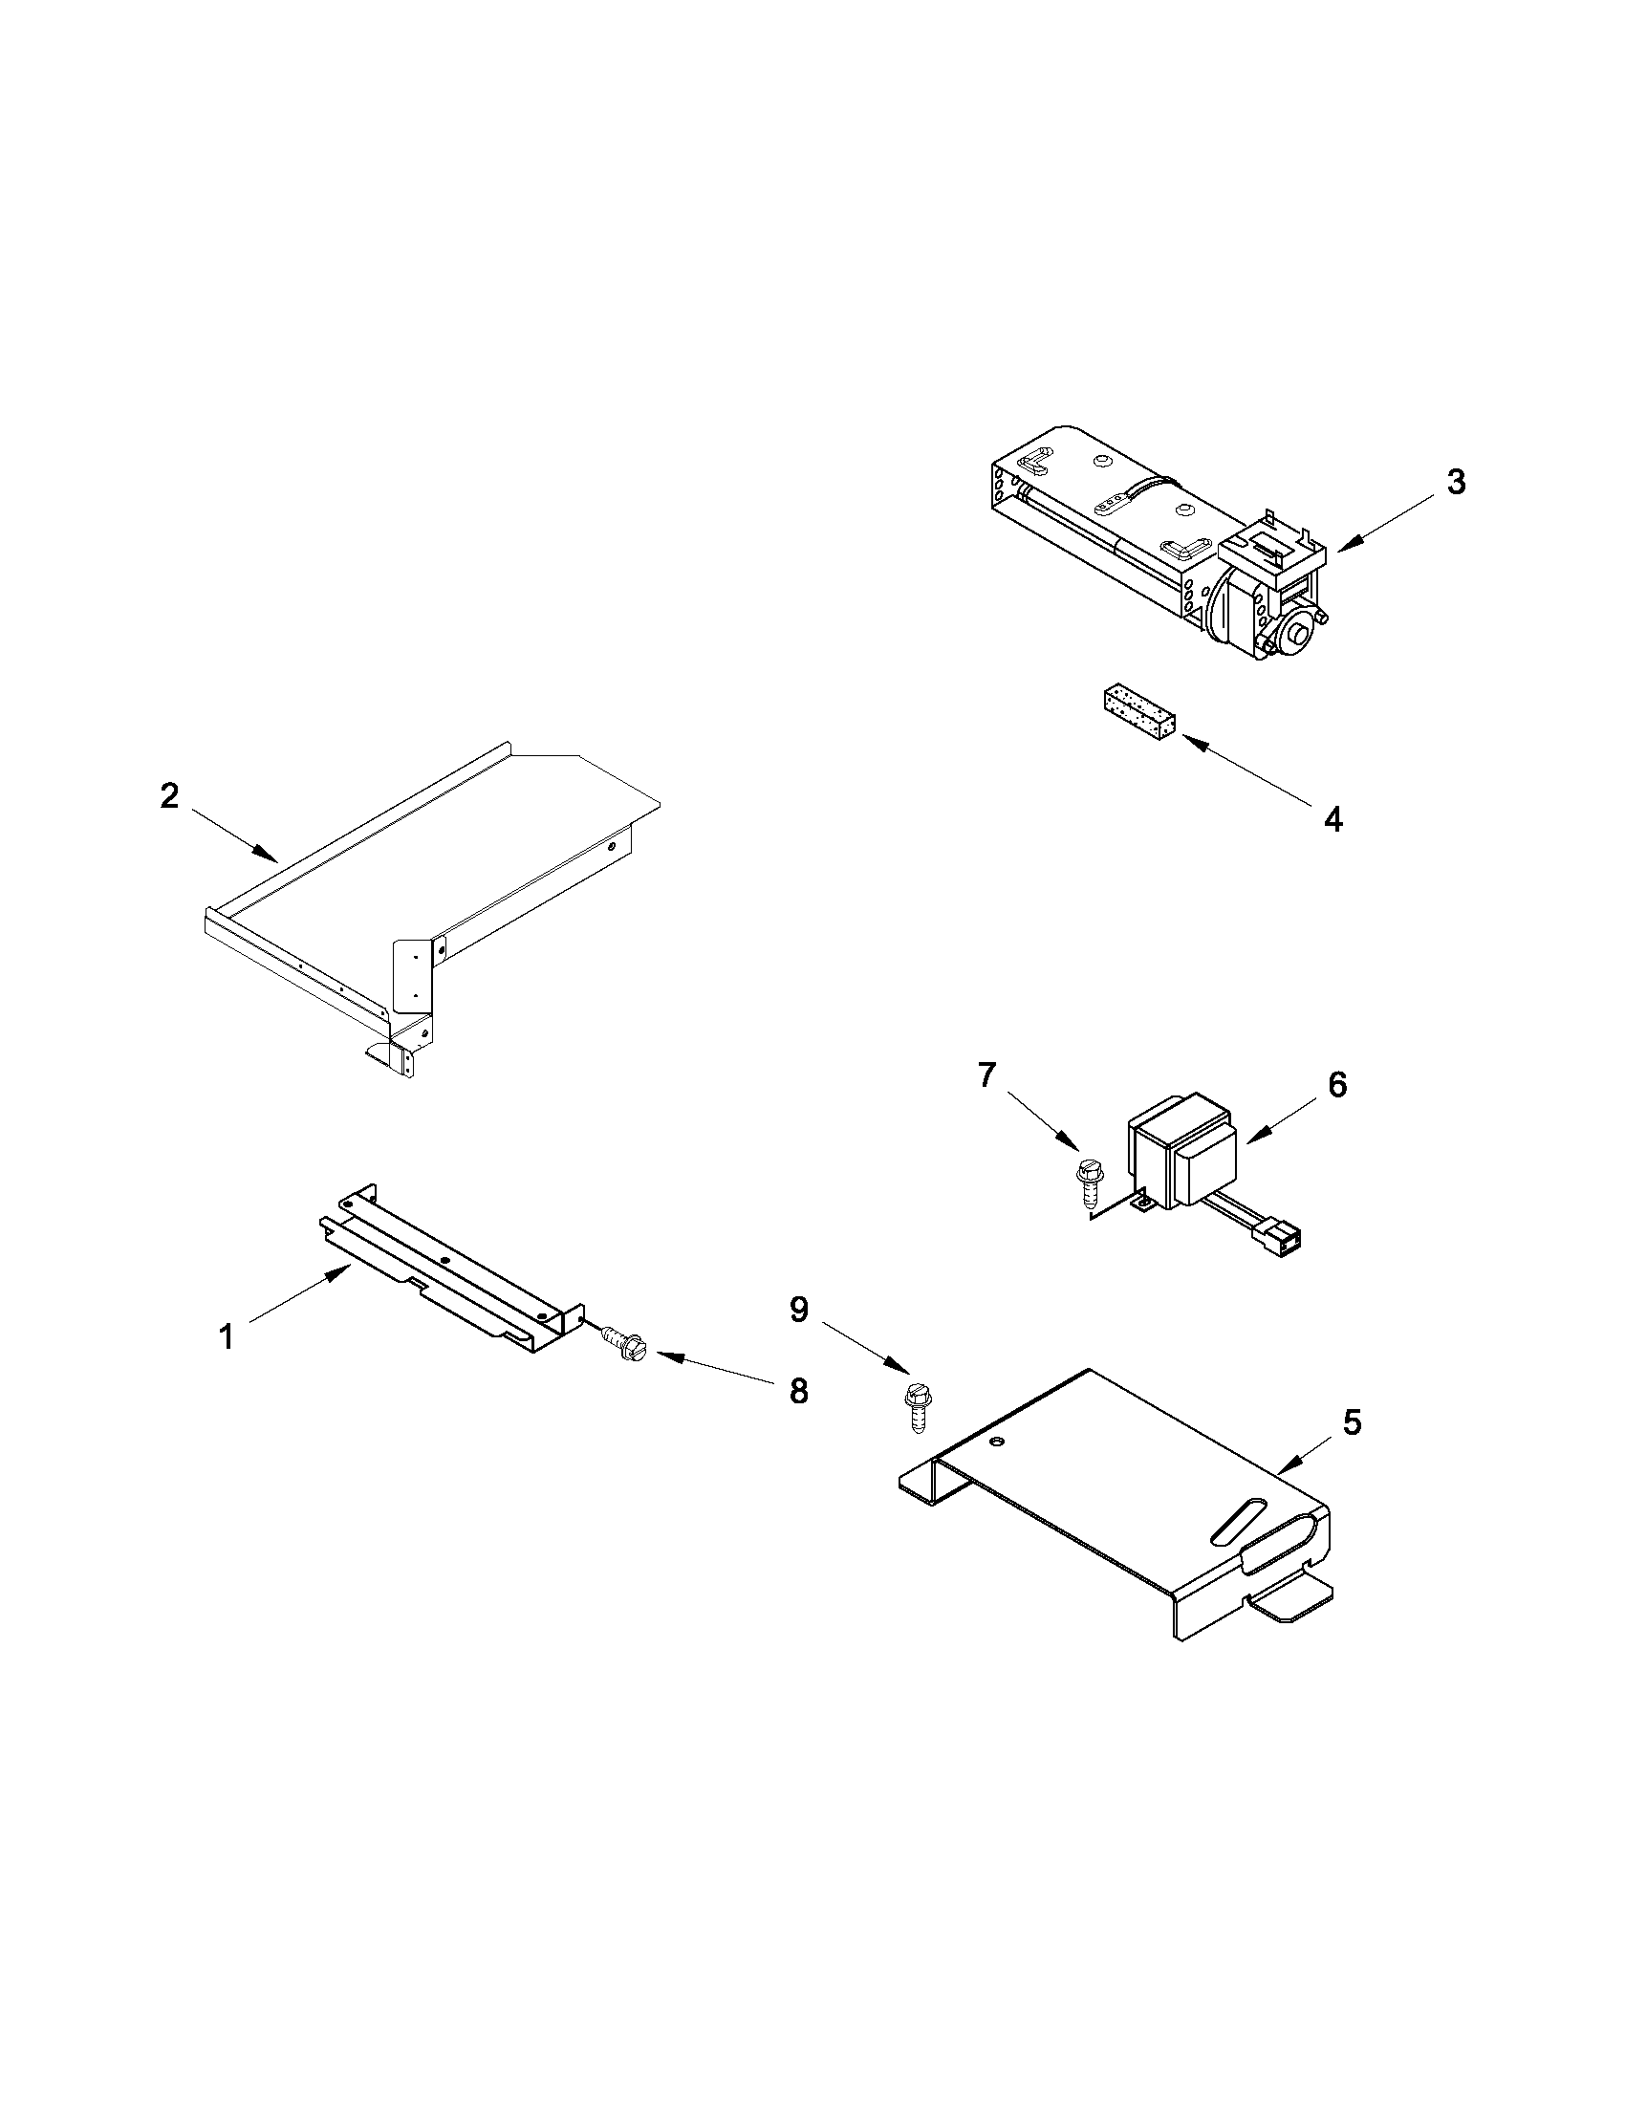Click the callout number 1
pos(226,1337)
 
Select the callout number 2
pos(169,795)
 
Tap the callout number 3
pos(1457,483)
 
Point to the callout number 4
pos(1333,819)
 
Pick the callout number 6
pos(1337,1085)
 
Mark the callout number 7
pos(986,1075)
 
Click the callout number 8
pos(798,1390)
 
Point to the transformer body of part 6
pos(1181,1150)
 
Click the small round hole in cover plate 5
pos(997,1442)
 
